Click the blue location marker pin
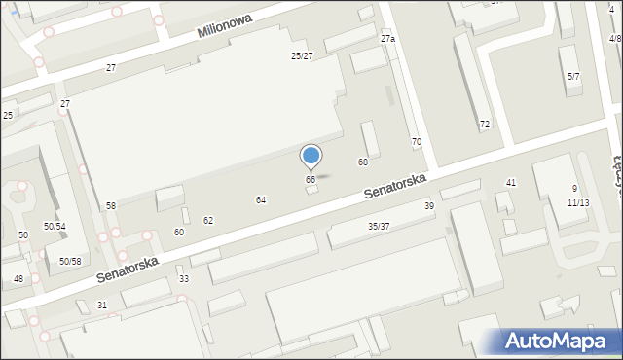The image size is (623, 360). click(311, 157)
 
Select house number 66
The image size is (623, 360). click(311, 180)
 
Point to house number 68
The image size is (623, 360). click(363, 162)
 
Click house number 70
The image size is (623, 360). click(417, 143)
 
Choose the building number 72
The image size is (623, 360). click(485, 125)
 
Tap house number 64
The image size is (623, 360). click(261, 199)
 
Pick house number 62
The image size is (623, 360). click(208, 221)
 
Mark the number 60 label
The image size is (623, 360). click(179, 233)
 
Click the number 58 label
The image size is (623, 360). click(111, 206)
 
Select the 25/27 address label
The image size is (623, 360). click(302, 56)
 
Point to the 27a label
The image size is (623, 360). click(387, 39)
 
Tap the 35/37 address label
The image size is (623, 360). click(379, 227)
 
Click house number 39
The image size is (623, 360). click(429, 206)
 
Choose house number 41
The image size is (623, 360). click(511, 183)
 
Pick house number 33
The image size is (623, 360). click(184, 279)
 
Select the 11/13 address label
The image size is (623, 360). click(578, 203)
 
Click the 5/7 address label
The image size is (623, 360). click(574, 76)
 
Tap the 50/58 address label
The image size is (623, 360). click(68, 262)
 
